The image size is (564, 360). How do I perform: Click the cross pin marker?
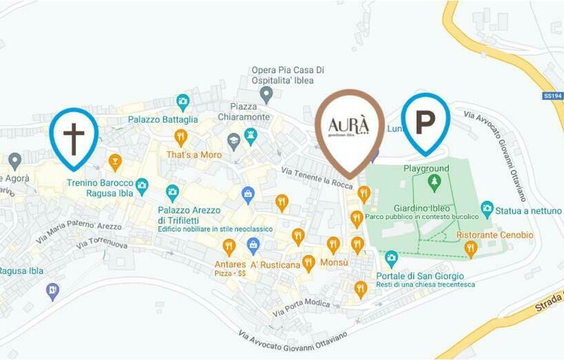point(74,136)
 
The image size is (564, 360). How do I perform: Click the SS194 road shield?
point(552,96)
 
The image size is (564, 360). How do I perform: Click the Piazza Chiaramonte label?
point(237,112)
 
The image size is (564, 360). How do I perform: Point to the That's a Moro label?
point(194,155)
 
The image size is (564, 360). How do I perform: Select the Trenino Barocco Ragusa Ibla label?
point(100,188)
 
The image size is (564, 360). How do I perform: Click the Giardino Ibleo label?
point(422,208)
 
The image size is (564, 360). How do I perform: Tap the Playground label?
point(426,169)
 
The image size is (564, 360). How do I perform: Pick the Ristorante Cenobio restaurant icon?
point(470,248)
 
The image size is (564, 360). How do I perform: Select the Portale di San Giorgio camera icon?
point(391,259)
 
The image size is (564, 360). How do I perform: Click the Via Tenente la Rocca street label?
point(317,175)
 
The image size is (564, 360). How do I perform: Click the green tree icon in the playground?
point(433,182)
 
